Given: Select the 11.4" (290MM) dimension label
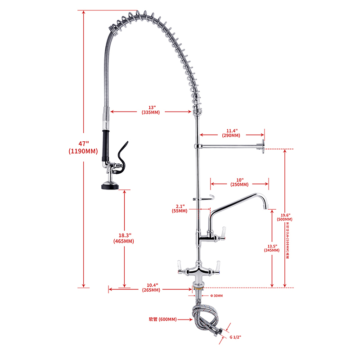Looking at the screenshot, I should coord(230,132).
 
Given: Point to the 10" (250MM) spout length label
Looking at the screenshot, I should coord(239,182).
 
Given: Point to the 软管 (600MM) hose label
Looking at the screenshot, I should coord(162,319).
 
